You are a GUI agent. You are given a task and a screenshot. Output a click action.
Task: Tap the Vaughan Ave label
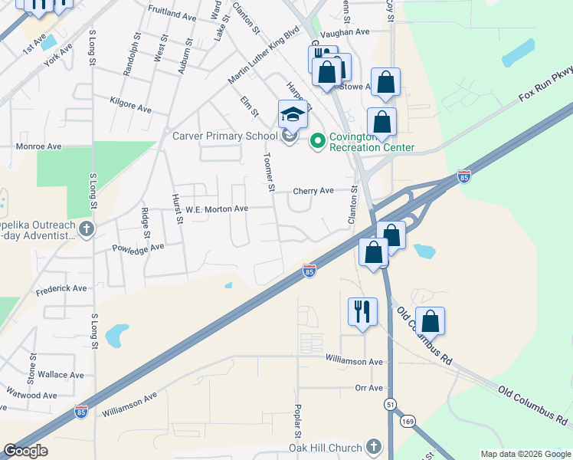click(345, 33)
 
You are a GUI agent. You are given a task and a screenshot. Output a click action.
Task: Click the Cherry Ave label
click(313, 190)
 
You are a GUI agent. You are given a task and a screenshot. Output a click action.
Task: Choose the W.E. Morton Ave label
click(217, 209)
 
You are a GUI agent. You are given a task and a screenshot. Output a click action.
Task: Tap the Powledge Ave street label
click(139, 248)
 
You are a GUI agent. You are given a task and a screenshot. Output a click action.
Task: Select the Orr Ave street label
click(368, 388)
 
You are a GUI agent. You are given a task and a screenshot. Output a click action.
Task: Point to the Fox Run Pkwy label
click(545, 85)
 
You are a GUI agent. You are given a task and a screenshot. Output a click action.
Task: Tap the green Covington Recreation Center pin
click(318, 141)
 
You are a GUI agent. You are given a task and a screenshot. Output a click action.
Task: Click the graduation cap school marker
click(293, 114)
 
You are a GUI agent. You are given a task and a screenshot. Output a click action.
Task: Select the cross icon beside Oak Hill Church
click(373, 446)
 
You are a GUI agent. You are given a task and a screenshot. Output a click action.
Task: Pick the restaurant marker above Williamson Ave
click(362, 311)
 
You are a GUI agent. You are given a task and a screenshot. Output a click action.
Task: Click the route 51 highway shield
click(391, 403)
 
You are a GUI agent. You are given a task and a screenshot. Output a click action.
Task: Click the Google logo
click(25, 451)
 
